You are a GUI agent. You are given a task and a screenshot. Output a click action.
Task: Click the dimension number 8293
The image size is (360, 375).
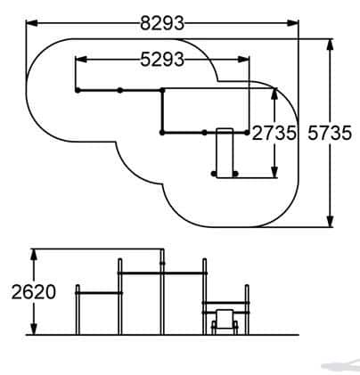[162, 23]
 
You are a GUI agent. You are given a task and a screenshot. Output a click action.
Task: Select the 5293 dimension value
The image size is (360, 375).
[162, 59]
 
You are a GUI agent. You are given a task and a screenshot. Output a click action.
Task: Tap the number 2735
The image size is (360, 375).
[274, 133]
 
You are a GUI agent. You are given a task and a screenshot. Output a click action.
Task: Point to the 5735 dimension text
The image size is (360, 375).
[330, 133]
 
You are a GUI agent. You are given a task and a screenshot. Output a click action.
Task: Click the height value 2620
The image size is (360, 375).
[34, 292]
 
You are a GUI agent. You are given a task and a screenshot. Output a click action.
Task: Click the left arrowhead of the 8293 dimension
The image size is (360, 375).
[32, 23]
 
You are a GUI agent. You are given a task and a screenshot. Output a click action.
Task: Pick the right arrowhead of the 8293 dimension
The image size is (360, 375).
[292, 23]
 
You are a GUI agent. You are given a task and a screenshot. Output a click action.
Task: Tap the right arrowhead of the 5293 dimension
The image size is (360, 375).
[243, 60]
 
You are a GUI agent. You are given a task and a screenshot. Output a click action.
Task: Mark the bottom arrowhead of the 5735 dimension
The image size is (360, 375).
[330, 221]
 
